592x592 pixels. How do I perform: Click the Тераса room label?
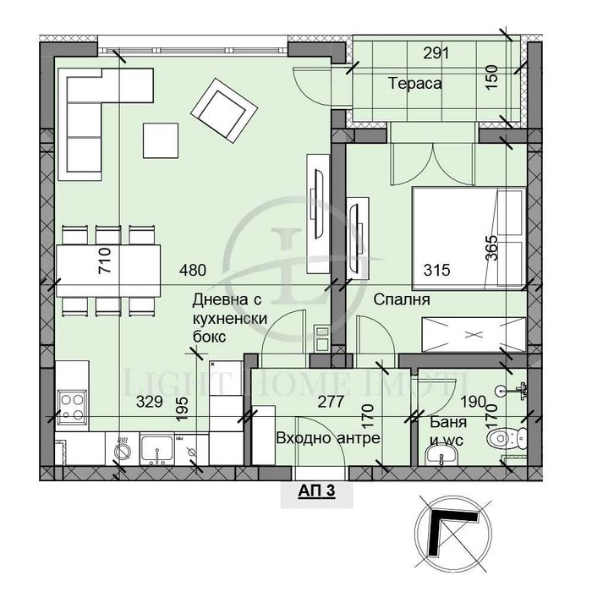tap(416, 83)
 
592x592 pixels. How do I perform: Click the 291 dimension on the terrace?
tap(434, 53)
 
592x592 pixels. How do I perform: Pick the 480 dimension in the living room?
tap(193, 271)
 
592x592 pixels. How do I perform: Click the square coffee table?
tap(161, 139)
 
